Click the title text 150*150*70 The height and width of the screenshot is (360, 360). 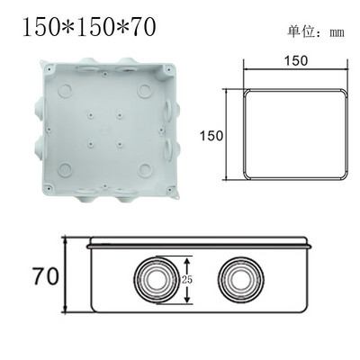(87, 26)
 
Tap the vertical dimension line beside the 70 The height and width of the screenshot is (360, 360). (65, 274)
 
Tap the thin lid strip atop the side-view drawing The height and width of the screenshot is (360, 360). (198, 242)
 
